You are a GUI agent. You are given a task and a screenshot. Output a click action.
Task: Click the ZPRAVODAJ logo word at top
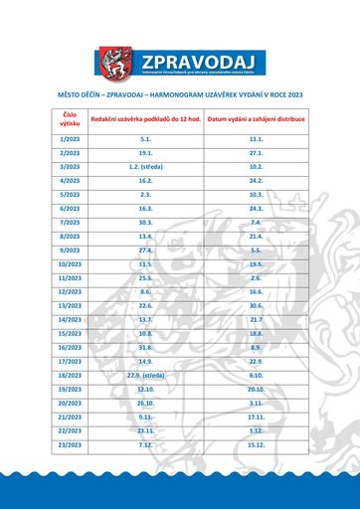pos(198,56)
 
